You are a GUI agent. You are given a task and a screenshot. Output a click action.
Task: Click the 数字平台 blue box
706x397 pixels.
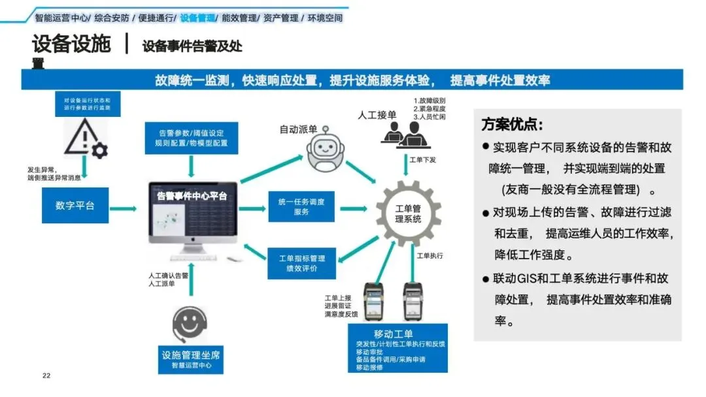(75, 205)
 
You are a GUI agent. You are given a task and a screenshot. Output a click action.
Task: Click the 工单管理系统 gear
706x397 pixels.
(409, 213)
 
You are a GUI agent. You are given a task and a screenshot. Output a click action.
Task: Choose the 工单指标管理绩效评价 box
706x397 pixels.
(301, 262)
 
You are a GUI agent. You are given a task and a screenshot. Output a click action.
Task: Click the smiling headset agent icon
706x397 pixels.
(192, 323)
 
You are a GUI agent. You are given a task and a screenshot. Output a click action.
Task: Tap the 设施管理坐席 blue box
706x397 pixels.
(191, 359)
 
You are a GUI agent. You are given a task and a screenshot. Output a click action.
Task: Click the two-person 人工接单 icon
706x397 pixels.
(401, 134)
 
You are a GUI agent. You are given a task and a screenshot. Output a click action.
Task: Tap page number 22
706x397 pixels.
(46, 375)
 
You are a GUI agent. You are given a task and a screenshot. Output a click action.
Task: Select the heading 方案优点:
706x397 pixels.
(512, 124)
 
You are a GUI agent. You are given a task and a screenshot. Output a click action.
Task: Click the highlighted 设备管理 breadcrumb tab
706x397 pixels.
(199, 18)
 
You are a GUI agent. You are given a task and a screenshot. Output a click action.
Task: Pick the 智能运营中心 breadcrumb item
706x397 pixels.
(61, 18)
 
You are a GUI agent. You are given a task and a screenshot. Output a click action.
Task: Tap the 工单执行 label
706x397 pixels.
(430, 255)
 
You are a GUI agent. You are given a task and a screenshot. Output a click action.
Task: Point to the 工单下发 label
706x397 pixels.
(422, 159)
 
